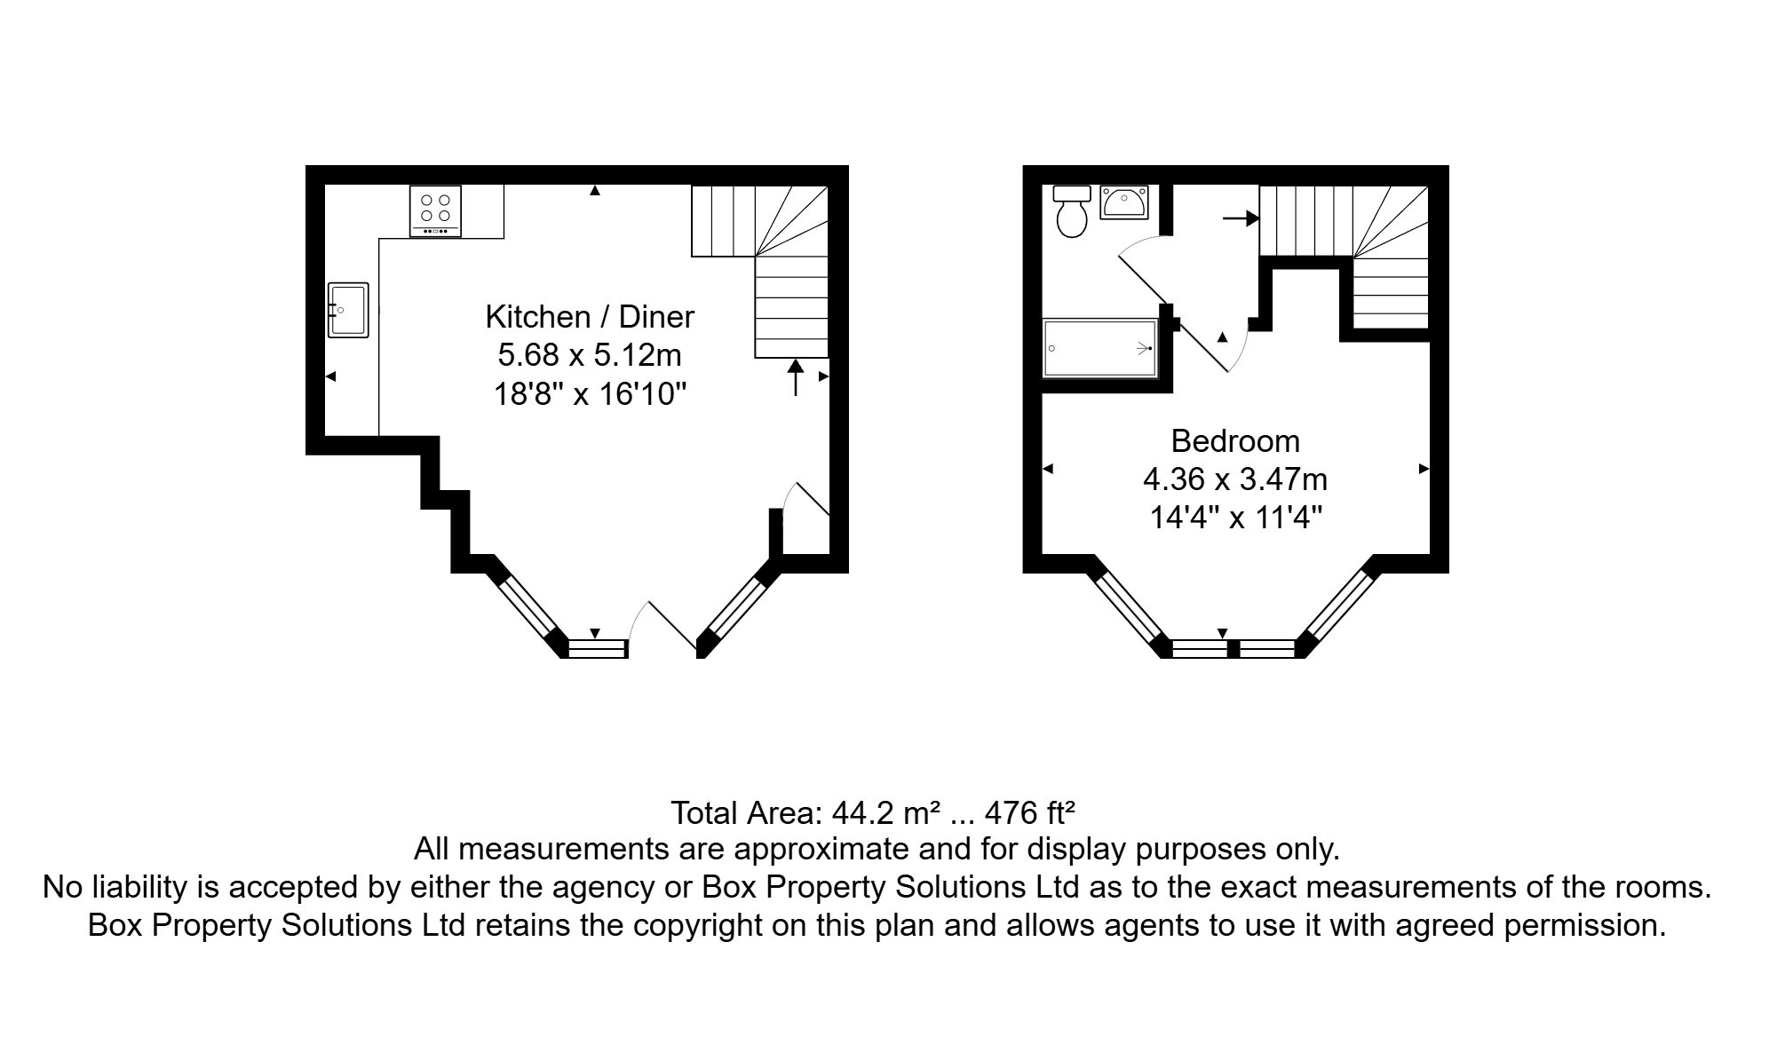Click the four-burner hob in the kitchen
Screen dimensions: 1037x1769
(435, 210)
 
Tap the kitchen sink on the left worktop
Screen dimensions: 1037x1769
(348, 310)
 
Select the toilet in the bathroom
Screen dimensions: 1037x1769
(1072, 214)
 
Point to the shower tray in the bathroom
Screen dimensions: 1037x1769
(1100, 349)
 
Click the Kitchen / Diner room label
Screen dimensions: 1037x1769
(590, 317)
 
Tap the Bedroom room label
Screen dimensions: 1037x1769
(1234, 441)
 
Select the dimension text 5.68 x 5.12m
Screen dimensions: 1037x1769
(590, 355)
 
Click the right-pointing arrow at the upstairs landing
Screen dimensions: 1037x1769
(1241, 218)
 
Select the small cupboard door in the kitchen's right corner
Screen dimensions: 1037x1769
(806, 503)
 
